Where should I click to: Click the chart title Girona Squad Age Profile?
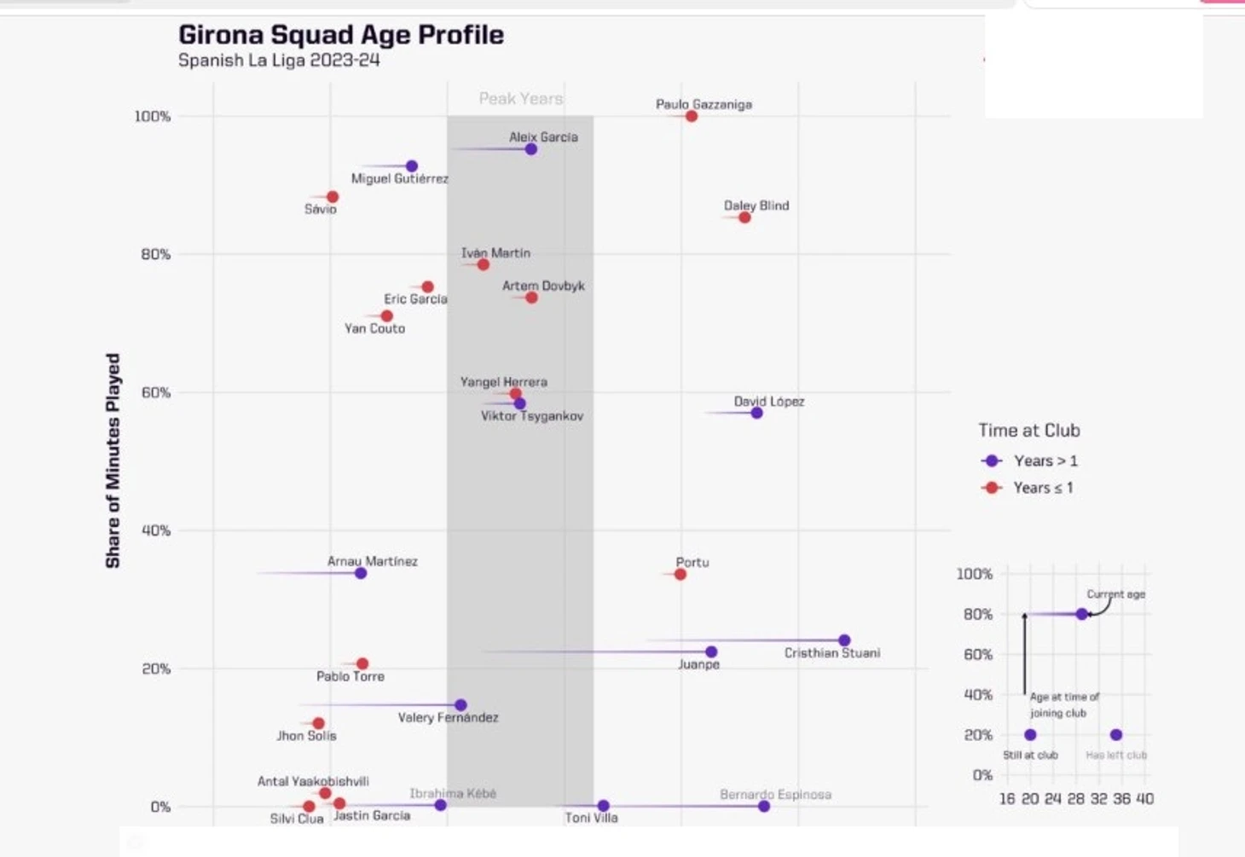(340, 35)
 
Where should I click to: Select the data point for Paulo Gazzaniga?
(692, 116)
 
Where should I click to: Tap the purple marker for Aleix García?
(531, 149)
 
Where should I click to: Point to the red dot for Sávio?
(333, 197)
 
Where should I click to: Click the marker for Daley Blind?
(744, 217)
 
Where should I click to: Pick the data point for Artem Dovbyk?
(531, 298)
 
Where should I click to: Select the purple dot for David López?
(756, 413)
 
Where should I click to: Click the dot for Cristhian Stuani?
(844, 640)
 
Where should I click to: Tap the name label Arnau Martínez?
(373, 561)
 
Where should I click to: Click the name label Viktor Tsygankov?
(532, 416)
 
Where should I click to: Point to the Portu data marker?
(680, 574)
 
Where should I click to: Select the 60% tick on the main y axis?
(155, 392)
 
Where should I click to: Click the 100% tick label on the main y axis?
(152, 116)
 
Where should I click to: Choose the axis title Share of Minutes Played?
(113, 460)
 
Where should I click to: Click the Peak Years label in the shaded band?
(520, 98)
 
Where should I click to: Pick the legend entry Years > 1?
(1045, 460)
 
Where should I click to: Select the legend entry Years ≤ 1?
(1042, 488)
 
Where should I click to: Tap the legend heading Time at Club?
(1028, 431)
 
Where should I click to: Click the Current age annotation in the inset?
(1115, 594)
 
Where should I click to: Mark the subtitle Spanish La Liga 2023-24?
(279, 61)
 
